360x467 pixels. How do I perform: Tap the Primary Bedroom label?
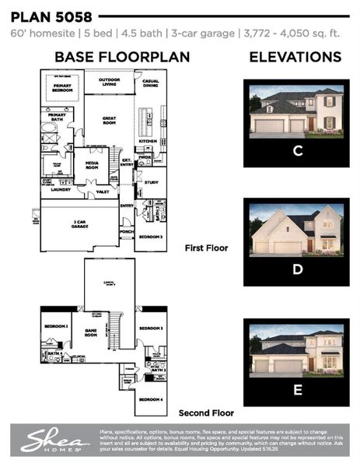(x=62, y=88)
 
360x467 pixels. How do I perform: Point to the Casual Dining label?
(x=149, y=83)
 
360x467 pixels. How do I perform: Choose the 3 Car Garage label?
(x=79, y=223)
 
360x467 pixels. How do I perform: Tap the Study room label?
(x=151, y=182)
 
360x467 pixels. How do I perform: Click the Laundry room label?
(x=61, y=189)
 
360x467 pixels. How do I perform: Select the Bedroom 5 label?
(x=55, y=327)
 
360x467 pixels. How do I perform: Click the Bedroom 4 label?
(x=151, y=400)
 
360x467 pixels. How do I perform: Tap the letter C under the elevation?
(x=296, y=150)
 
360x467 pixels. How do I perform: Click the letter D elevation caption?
(x=296, y=269)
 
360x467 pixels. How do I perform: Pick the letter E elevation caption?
(x=296, y=390)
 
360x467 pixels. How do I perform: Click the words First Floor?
(x=205, y=248)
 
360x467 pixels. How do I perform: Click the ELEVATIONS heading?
(x=295, y=57)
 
